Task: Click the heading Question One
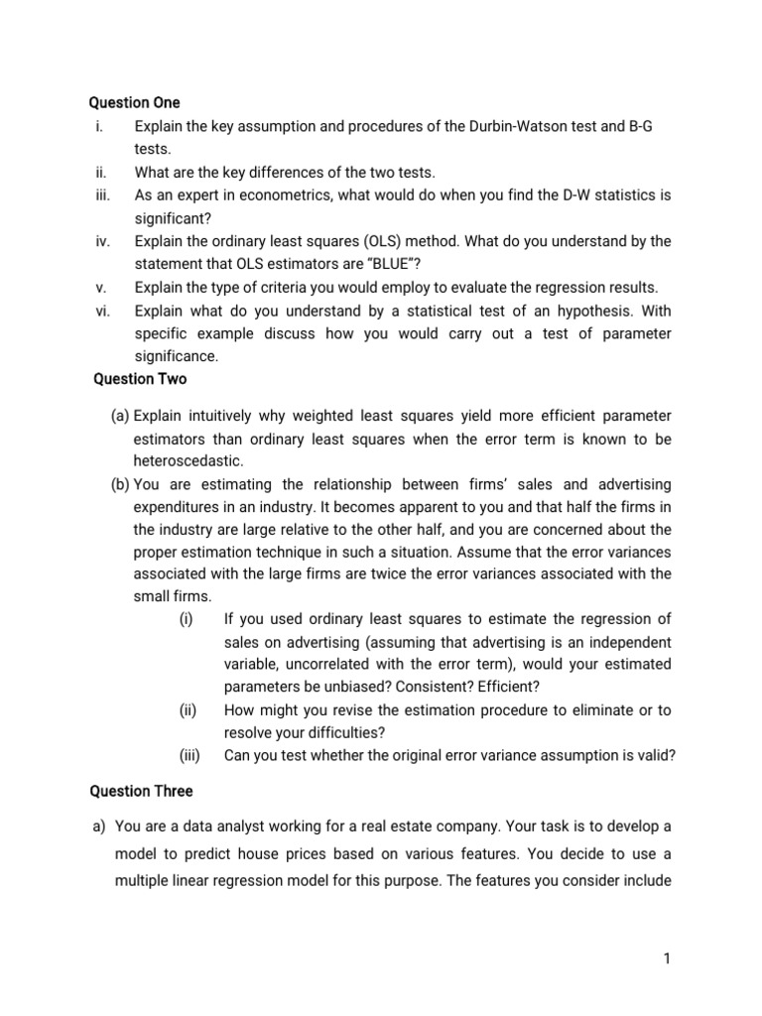[135, 103]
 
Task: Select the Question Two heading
[140, 379]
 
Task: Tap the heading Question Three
[142, 792]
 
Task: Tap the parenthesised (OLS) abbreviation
[351, 241]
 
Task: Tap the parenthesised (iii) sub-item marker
[190, 756]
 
